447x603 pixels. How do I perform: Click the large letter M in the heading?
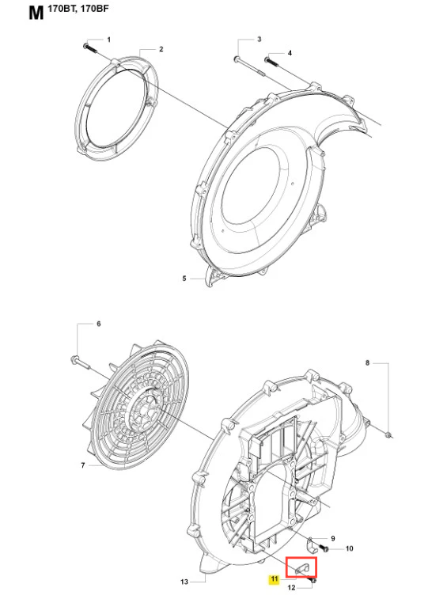click(x=36, y=13)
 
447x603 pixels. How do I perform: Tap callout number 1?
click(x=108, y=40)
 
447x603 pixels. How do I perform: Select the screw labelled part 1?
click(x=89, y=48)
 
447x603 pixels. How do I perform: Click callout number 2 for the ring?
click(x=161, y=49)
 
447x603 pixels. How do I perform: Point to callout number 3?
click(x=259, y=40)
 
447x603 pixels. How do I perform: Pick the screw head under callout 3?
click(x=237, y=59)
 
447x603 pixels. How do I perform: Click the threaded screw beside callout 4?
click(x=271, y=62)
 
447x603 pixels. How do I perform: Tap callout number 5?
click(x=184, y=279)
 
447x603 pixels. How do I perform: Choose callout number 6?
click(x=98, y=324)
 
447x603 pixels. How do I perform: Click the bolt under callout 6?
click(x=80, y=362)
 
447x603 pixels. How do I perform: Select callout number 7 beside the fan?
click(x=82, y=465)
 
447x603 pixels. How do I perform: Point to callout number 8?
click(x=367, y=362)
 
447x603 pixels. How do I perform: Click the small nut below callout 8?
click(x=388, y=435)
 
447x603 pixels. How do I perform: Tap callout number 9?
click(x=333, y=538)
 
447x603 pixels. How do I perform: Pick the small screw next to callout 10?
click(x=325, y=548)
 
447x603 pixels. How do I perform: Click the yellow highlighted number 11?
click(x=274, y=578)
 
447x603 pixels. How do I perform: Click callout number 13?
click(x=184, y=582)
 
